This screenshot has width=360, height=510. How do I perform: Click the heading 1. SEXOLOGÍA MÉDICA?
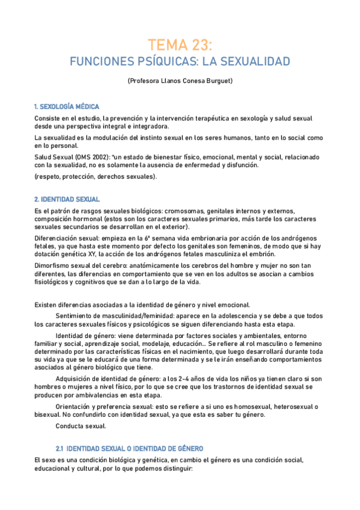(67, 106)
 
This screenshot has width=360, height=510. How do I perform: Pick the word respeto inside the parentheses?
(49, 177)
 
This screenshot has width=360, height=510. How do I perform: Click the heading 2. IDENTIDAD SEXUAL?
(67, 199)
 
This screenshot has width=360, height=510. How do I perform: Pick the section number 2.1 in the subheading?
(59, 449)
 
